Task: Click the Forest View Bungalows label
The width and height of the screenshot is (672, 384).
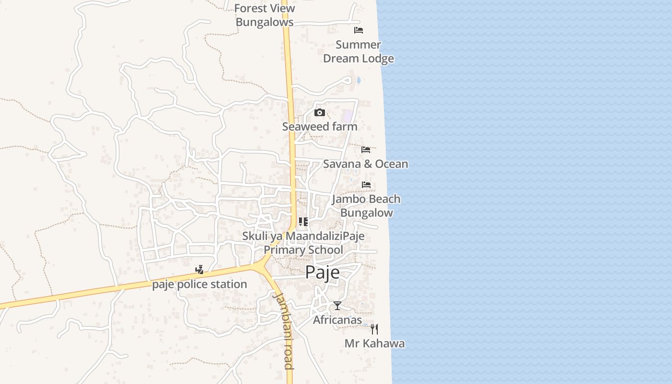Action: coord(264,15)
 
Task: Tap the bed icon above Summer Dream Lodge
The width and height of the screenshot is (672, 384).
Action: coord(358,30)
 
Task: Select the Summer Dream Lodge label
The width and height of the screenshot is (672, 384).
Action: coord(359,51)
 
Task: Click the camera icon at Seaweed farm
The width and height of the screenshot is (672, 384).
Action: coord(319,113)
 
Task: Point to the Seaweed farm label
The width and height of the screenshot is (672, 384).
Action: coord(320,127)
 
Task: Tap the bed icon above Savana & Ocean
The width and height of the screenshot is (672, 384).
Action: coord(366,150)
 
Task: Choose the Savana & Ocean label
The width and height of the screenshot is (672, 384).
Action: coord(365,164)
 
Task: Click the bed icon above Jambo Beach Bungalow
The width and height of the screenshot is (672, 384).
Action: coord(366,185)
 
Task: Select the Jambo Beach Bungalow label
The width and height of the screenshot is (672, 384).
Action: coord(366,206)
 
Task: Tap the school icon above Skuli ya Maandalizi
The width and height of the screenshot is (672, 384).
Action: coord(303,222)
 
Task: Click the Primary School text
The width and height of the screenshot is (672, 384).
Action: coord(303,250)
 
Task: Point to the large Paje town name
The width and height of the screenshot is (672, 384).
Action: coord(323,272)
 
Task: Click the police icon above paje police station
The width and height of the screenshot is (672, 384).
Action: coord(199,270)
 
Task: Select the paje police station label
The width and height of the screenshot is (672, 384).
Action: coord(200,285)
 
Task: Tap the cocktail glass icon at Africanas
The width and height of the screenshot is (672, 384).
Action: coord(337,306)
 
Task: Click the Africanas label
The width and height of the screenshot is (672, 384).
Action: coord(337,320)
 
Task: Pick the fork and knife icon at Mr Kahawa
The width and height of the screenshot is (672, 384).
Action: coord(374,329)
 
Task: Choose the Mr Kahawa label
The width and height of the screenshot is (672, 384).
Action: coord(374,344)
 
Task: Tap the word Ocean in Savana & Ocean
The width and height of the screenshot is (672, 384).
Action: coord(391,164)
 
